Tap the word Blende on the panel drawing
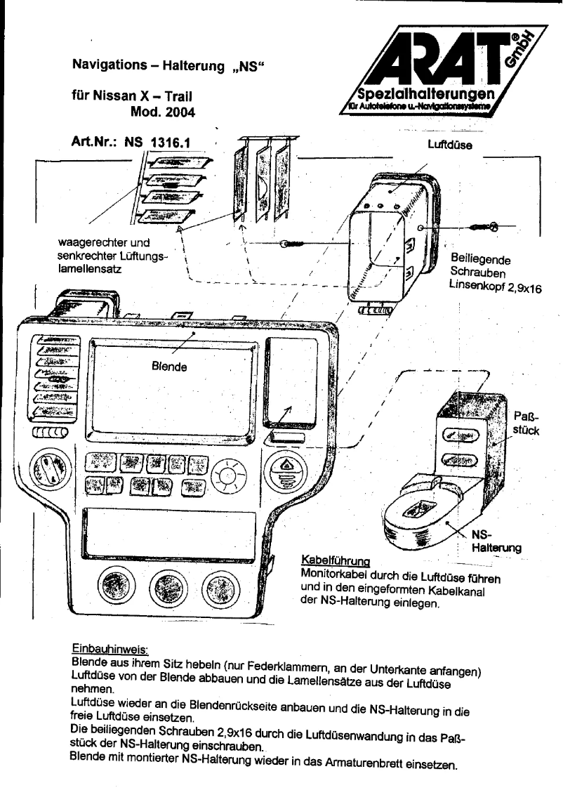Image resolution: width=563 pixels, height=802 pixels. pyautogui.click(x=168, y=366)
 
